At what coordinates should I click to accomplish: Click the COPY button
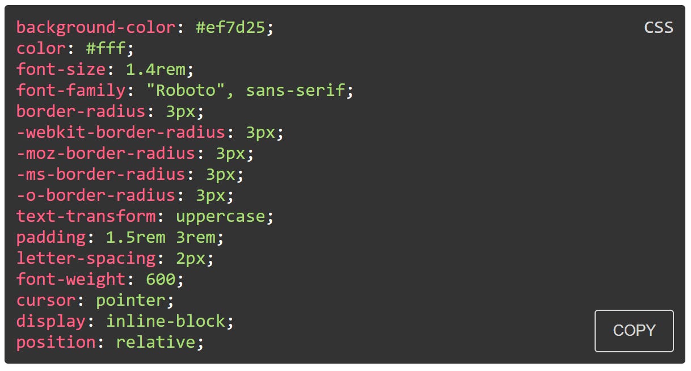pyautogui.click(x=634, y=331)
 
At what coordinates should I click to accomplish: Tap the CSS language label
pyautogui.click(x=658, y=27)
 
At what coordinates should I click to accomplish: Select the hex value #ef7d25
pyautogui.click(x=230, y=27)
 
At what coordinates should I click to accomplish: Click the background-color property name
pyautogui.click(x=96, y=27)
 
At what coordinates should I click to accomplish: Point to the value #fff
pyautogui.click(x=106, y=48)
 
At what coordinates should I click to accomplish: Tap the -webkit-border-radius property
pyautogui.click(x=121, y=132)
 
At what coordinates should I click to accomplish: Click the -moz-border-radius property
pyautogui.click(x=106, y=153)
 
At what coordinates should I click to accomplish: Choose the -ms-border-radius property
pyautogui.click(x=101, y=174)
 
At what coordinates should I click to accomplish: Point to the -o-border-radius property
pyautogui.click(x=96, y=195)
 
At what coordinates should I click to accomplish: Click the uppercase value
pyautogui.click(x=221, y=216)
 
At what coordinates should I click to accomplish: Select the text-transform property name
pyautogui.click(x=86, y=216)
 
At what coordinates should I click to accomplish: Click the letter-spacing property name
pyautogui.click(x=86, y=258)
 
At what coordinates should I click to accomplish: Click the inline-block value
pyautogui.click(x=166, y=321)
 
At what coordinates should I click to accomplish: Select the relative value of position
pyautogui.click(x=155, y=342)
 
